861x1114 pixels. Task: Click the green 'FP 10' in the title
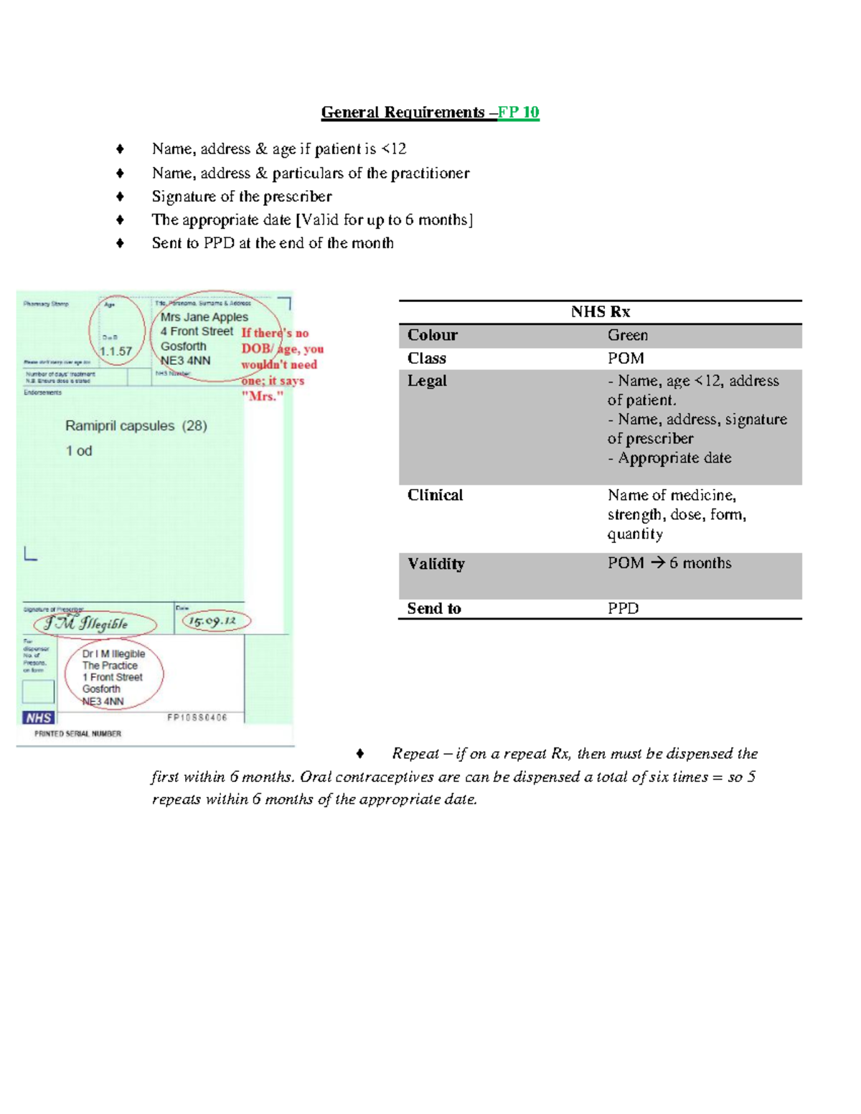[x=519, y=113]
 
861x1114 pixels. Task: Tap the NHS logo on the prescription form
[x=39, y=717]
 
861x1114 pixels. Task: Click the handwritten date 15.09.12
[x=212, y=621]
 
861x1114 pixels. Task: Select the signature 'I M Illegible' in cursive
[x=86, y=623]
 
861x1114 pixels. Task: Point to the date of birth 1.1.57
[x=116, y=351]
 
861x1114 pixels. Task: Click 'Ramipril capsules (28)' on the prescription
[x=136, y=426]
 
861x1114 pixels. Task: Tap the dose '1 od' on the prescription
[x=79, y=451]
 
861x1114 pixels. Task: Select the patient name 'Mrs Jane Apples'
[x=204, y=317]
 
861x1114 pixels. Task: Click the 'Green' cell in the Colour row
[x=628, y=335]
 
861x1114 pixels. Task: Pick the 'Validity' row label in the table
[x=436, y=564]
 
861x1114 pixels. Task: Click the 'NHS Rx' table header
[x=601, y=311]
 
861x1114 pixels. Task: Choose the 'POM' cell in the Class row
[x=626, y=358]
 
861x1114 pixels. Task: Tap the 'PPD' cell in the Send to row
[x=623, y=608]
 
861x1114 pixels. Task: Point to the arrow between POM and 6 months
[x=657, y=563]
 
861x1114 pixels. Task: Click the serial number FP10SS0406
[x=197, y=717]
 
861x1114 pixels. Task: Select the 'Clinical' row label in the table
[x=435, y=495]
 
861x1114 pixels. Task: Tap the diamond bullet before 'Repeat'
[x=360, y=754]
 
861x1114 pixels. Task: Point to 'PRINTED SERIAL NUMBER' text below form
[x=78, y=734]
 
